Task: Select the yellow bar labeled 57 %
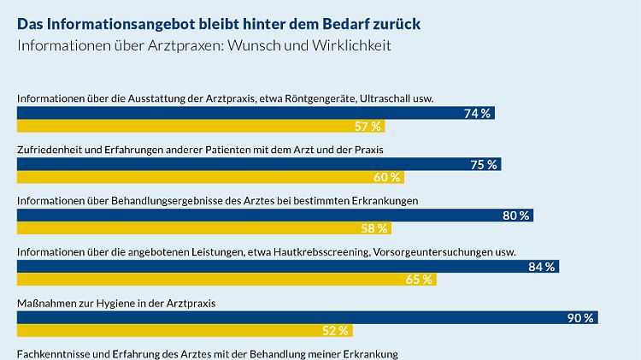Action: (201, 127)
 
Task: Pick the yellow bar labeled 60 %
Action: (210, 177)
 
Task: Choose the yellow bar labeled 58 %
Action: (204, 228)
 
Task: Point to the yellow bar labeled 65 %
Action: (226, 280)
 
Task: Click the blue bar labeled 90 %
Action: (308, 318)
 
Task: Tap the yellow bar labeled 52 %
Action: (185, 331)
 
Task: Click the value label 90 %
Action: (580, 318)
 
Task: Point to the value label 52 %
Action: (336, 331)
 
